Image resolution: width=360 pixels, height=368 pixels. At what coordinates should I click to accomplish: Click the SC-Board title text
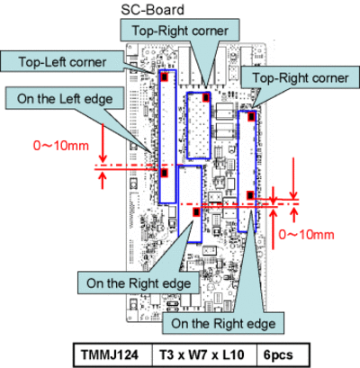[x=152, y=10]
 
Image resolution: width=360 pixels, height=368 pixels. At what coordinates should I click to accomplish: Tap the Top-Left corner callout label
[x=62, y=62]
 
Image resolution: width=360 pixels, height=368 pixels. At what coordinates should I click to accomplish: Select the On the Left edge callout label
[x=65, y=99]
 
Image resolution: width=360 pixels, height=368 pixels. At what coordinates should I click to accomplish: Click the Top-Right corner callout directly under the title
[x=180, y=31]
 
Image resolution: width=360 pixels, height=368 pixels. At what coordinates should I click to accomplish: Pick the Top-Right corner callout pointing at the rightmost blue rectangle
[x=301, y=77]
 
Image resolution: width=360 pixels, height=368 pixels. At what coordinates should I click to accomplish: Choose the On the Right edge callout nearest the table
[x=223, y=323]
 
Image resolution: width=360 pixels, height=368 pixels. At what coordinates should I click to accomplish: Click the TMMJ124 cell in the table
[x=110, y=355]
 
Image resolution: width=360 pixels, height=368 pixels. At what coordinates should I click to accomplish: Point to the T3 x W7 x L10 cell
[x=202, y=355]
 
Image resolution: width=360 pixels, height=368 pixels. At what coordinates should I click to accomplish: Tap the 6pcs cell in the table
[x=278, y=355]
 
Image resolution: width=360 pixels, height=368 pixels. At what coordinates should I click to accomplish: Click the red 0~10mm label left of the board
[x=61, y=146]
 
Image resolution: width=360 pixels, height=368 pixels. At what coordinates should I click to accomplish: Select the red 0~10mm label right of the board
[x=306, y=235]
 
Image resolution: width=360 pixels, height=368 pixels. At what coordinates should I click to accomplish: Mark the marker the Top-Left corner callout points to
[x=164, y=76]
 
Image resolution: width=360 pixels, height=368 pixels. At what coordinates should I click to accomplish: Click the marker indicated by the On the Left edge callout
[x=164, y=173]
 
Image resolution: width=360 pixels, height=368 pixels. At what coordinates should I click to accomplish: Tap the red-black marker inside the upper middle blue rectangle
[x=206, y=97]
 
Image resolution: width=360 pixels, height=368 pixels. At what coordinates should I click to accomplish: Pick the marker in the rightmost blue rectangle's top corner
[x=251, y=116]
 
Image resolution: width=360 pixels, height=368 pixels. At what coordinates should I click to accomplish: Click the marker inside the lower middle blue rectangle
[x=196, y=212]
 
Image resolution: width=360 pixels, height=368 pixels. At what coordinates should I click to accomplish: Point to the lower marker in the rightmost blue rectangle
[x=250, y=195]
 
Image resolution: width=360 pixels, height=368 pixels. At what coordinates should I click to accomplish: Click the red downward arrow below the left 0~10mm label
[x=103, y=143]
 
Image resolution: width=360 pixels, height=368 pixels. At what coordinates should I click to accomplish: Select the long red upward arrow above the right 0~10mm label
[x=273, y=229]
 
